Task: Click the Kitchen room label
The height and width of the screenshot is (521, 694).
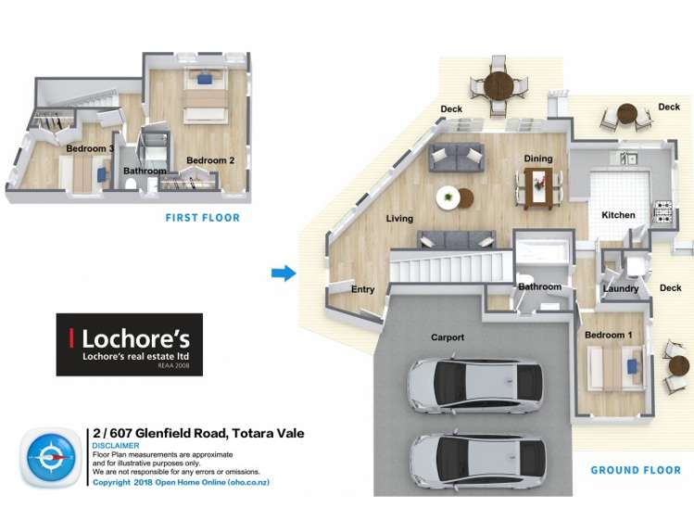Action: click(x=618, y=215)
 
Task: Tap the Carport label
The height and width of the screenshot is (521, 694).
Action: click(x=448, y=337)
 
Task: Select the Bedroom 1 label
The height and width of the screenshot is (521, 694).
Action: click(x=608, y=335)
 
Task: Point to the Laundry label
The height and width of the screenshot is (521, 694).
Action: click(x=621, y=289)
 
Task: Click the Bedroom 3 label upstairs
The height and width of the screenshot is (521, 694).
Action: click(x=90, y=148)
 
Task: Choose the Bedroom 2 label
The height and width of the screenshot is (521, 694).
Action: click(x=210, y=160)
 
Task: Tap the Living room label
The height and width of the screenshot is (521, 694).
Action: click(x=399, y=219)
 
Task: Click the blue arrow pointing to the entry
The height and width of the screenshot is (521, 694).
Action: click(x=284, y=273)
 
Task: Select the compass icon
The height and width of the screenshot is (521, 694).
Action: click(x=50, y=457)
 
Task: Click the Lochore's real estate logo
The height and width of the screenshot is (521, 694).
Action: click(x=129, y=345)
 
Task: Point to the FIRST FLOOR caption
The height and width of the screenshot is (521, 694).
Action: click(x=203, y=218)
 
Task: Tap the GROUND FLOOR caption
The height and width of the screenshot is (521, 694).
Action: click(x=636, y=470)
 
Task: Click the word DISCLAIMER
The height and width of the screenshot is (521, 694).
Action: click(x=116, y=446)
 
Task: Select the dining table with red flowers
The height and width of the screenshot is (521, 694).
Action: click(x=538, y=188)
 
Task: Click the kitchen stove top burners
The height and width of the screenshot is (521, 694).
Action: click(x=662, y=211)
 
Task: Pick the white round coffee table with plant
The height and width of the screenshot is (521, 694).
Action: click(x=448, y=197)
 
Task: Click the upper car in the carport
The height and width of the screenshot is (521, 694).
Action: click(x=474, y=385)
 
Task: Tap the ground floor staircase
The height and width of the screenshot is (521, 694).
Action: click(x=451, y=266)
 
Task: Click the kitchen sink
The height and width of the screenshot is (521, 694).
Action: click(x=628, y=158)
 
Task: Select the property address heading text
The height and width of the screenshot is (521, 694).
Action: click(x=198, y=433)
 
